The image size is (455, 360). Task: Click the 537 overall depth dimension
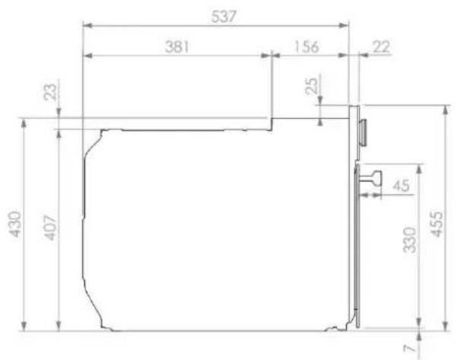[x=224, y=17]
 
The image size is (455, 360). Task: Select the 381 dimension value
[x=177, y=46]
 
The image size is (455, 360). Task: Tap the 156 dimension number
[x=307, y=46]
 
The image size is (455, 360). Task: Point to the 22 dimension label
[x=381, y=46]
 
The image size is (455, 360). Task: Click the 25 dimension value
[x=312, y=86]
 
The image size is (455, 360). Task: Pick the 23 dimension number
[x=50, y=92]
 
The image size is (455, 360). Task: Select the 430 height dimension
[x=14, y=224]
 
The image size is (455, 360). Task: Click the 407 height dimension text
[x=50, y=228]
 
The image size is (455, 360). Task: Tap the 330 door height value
[x=410, y=240]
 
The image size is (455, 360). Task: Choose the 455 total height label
[x=437, y=224]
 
